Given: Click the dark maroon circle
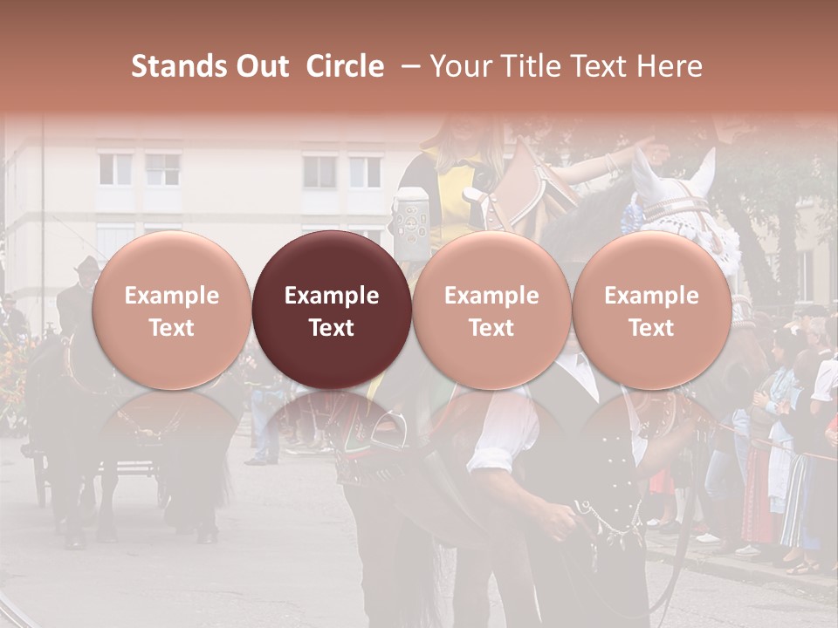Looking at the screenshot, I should (332, 311).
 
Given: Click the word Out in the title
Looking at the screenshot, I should (261, 66).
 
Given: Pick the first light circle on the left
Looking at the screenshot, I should (172, 311).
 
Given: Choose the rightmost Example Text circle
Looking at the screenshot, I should (652, 311).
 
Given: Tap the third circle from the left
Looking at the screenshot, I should (491, 311).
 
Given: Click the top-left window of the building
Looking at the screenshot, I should (114, 169).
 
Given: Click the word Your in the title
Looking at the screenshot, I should (460, 66).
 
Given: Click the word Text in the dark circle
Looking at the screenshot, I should (332, 328).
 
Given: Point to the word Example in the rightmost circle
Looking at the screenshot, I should (652, 296).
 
